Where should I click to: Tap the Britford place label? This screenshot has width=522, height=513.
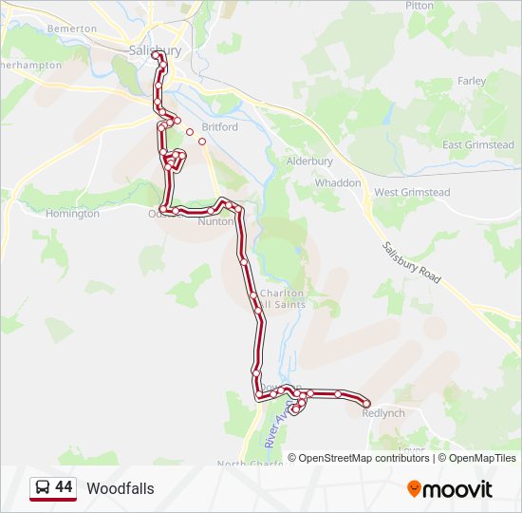(219, 126)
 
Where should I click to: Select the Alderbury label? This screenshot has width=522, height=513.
(309, 161)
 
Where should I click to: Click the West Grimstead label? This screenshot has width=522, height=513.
(412, 192)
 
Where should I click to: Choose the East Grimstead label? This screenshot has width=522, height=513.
(478, 144)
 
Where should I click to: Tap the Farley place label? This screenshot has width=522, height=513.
(472, 82)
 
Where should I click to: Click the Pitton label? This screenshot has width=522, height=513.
(419, 5)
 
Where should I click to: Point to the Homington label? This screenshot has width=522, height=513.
(72, 214)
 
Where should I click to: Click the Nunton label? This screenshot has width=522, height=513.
(215, 222)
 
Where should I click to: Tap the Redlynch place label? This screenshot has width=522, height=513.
(383, 413)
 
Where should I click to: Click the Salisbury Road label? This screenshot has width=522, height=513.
(412, 262)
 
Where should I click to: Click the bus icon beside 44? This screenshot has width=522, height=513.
(42, 488)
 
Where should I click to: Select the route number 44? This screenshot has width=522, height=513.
(64, 487)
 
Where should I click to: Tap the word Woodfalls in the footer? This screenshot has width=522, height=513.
(120, 488)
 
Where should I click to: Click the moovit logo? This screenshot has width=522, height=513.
(450, 489)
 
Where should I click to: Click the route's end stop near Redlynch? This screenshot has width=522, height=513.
(366, 404)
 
